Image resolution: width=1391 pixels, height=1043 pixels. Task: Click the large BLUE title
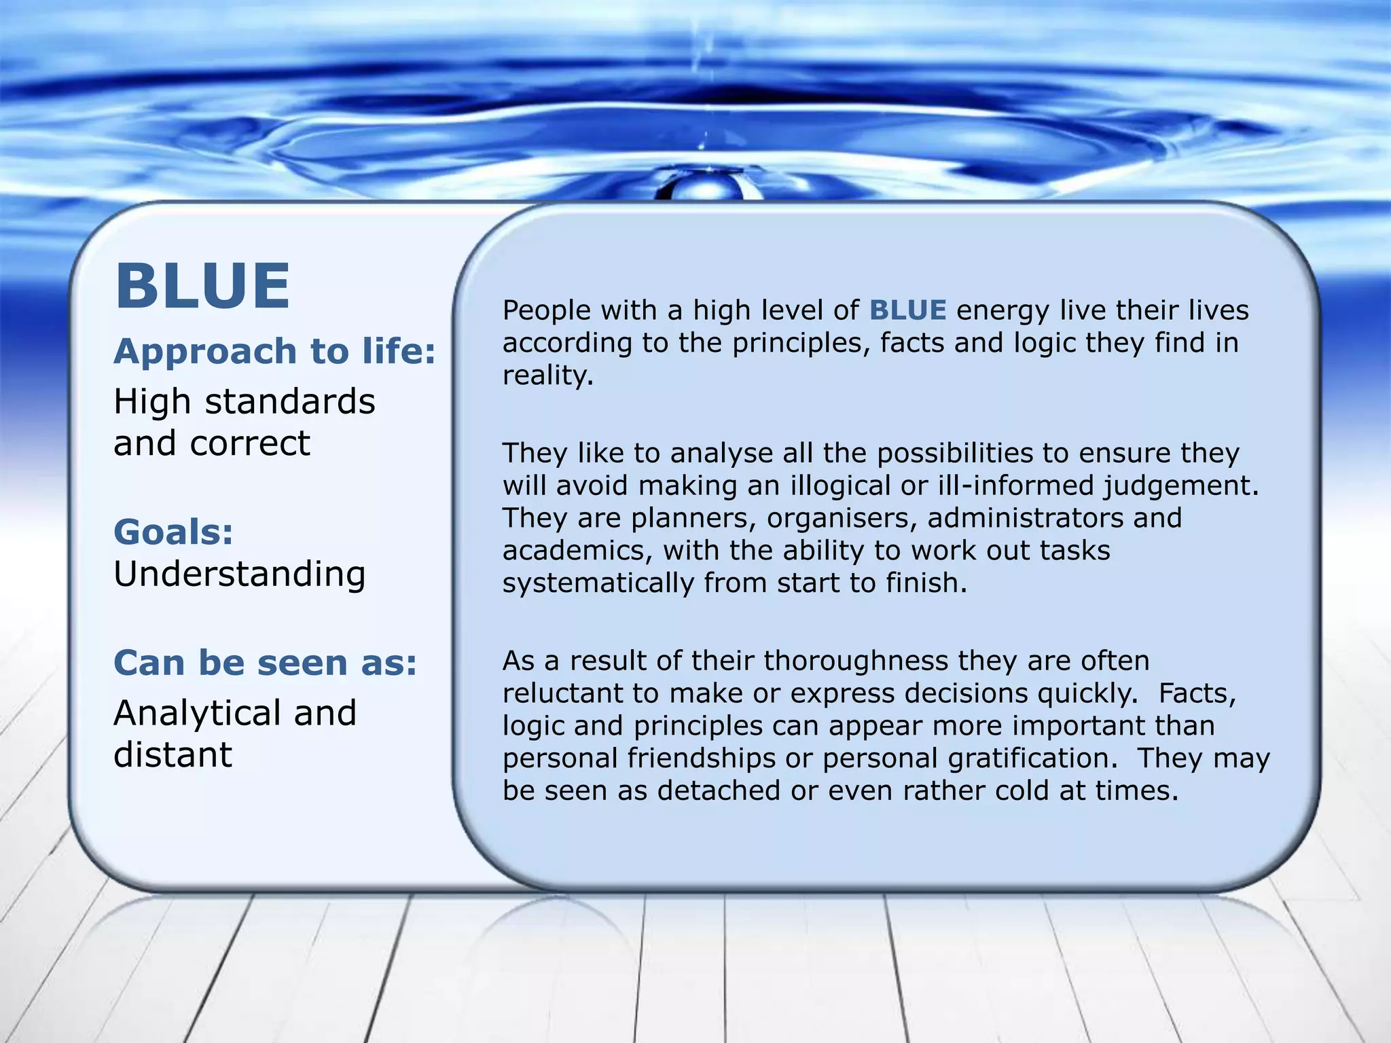tap(202, 287)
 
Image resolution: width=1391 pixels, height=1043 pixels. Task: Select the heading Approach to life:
tap(274, 351)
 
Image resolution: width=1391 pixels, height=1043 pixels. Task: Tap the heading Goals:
tap(173, 531)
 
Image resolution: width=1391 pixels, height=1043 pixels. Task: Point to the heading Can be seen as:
tap(265, 662)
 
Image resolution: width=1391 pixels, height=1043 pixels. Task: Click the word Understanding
tap(240, 574)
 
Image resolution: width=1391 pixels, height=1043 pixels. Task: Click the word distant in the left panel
tap(173, 754)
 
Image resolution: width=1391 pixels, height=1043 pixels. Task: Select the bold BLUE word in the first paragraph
tap(907, 310)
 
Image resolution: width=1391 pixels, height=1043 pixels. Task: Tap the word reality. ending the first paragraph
tap(547, 376)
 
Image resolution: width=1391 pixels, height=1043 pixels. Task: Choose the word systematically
tap(598, 583)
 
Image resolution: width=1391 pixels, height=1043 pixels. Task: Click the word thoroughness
tap(857, 661)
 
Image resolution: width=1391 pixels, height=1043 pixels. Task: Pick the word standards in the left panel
tap(290, 401)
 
